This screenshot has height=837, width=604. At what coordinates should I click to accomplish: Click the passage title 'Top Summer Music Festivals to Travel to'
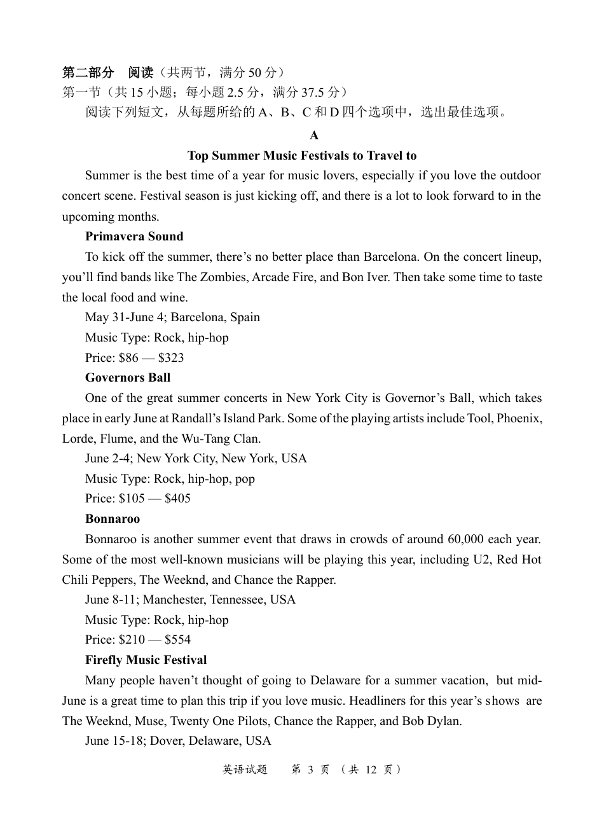click(302, 156)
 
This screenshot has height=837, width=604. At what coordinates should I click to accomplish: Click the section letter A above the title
click(314, 135)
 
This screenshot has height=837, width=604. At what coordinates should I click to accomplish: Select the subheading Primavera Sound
click(134, 237)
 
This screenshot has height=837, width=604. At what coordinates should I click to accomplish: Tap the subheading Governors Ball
click(128, 378)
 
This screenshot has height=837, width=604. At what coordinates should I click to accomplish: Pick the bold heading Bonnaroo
click(113, 519)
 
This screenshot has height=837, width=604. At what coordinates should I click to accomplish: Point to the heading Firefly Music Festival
click(146, 660)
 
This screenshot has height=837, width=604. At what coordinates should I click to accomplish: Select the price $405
click(177, 499)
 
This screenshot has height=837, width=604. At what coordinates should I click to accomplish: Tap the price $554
click(177, 640)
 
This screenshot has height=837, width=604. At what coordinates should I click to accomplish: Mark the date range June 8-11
click(111, 600)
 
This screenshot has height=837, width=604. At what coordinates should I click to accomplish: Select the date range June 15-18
click(114, 741)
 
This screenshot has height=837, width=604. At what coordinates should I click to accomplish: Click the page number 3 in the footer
click(310, 770)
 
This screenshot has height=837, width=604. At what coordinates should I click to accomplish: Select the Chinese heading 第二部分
click(88, 73)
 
